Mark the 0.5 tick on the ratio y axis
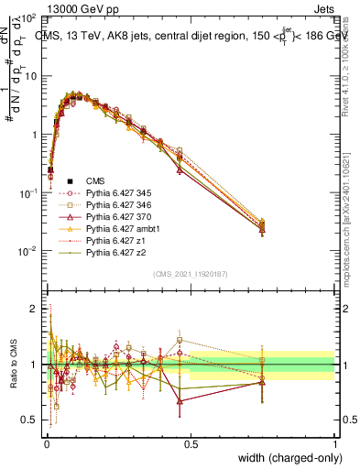[x=31, y=420]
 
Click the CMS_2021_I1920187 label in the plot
[x=190, y=273]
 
